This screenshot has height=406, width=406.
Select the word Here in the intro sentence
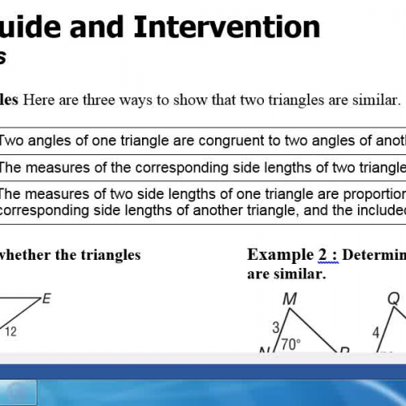coord(41,101)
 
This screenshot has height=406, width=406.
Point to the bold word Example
coord(281,255)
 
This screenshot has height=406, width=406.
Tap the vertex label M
coord(290,299)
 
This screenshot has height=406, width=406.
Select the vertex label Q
coord(394,299)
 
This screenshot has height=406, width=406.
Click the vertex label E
coord(46,298)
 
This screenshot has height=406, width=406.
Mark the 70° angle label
coord(291,343)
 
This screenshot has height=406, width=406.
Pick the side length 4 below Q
coord(374,331)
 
